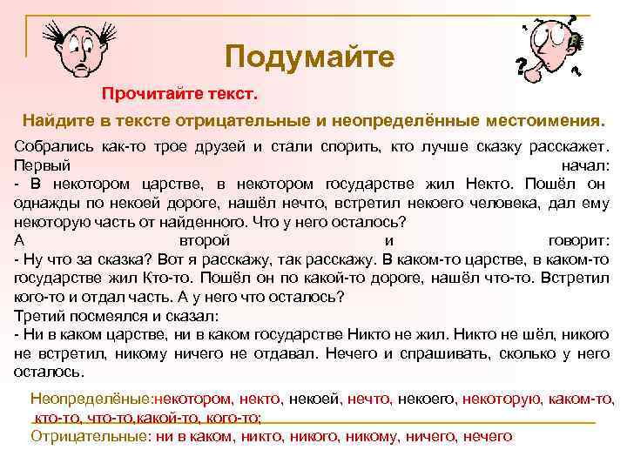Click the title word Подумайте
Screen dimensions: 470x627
[x=309, y=57]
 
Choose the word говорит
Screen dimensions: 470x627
[x=581, y=239]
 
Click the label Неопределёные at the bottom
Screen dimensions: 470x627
[x=90, y=398]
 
